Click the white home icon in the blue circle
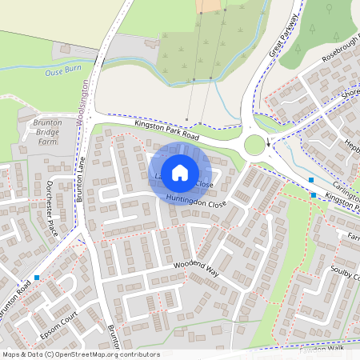click(180, 173)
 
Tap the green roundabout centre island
click(255, 145)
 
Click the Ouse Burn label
click(65, 72)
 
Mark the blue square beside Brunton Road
click(37, 277)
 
